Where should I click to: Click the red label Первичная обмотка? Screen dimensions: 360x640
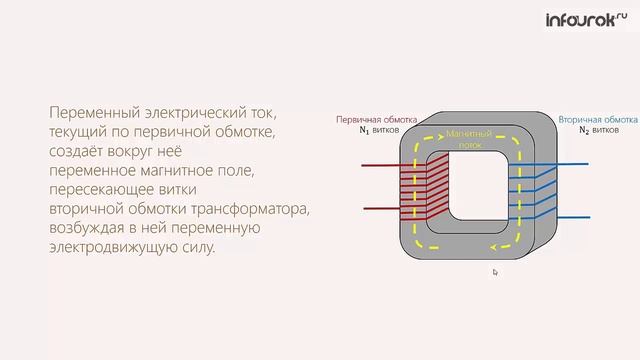point(369,119)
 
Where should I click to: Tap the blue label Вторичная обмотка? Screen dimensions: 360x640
point(598,119)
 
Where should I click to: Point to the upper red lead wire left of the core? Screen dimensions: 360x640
point(376,169)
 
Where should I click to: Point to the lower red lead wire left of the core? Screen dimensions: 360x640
point(376,209)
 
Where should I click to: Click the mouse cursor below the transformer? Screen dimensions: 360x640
point(494,271)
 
